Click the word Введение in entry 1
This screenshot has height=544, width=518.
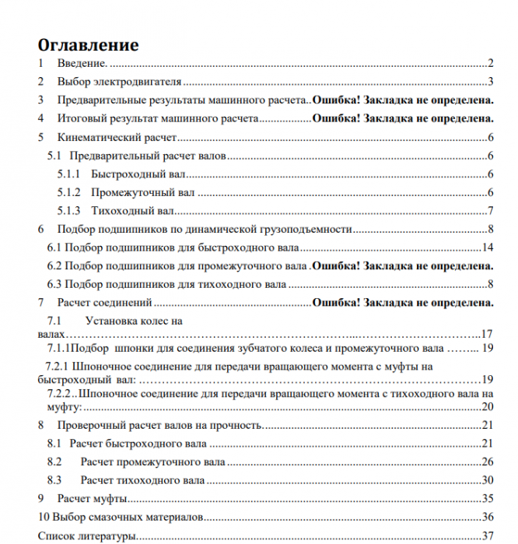81,64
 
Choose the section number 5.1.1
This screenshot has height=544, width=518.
69,174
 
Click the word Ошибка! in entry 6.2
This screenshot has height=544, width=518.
335,266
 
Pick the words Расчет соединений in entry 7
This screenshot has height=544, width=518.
104,303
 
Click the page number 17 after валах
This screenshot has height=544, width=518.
488,333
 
